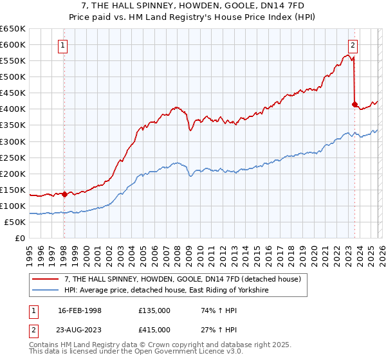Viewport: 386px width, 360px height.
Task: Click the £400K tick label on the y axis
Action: pyautogui.click(x=12, y=109)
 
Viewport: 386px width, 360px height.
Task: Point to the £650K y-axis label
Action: pyautogui.click(x=12, y=29)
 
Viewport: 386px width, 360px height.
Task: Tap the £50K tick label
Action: pyautogui.click(x=14, y=222)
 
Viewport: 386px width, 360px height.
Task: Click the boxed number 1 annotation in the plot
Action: pyautogui.click(x=64, y=45)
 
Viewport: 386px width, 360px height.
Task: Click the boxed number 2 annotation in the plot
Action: pyautogui.click(x=354, y=45)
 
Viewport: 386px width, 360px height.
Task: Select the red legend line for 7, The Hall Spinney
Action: pyautogui.click(x=46, y=279)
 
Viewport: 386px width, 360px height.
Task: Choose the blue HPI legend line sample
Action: pyautogui.click(x=46, y=291)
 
